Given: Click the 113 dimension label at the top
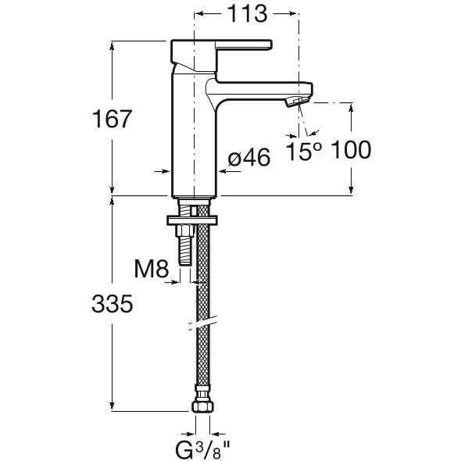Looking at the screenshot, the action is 248,14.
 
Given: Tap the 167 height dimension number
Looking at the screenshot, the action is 111,119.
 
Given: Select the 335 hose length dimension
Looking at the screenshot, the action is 112,304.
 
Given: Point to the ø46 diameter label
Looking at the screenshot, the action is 249,157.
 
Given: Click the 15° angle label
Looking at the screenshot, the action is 304,151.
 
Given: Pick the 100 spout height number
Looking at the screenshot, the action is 351,150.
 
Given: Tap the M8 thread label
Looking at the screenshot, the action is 152,269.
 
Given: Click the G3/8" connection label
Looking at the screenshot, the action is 202,450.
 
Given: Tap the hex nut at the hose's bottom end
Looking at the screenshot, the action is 202,407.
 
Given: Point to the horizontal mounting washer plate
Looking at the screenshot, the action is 192,220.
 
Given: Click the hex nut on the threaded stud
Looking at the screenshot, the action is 184,230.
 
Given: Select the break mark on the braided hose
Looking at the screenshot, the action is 203,323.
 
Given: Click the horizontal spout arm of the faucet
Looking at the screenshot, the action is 259,90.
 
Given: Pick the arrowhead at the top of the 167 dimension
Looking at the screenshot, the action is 112,46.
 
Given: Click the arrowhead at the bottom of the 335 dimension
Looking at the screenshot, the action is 112,406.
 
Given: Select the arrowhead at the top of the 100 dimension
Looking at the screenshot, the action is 351,108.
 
